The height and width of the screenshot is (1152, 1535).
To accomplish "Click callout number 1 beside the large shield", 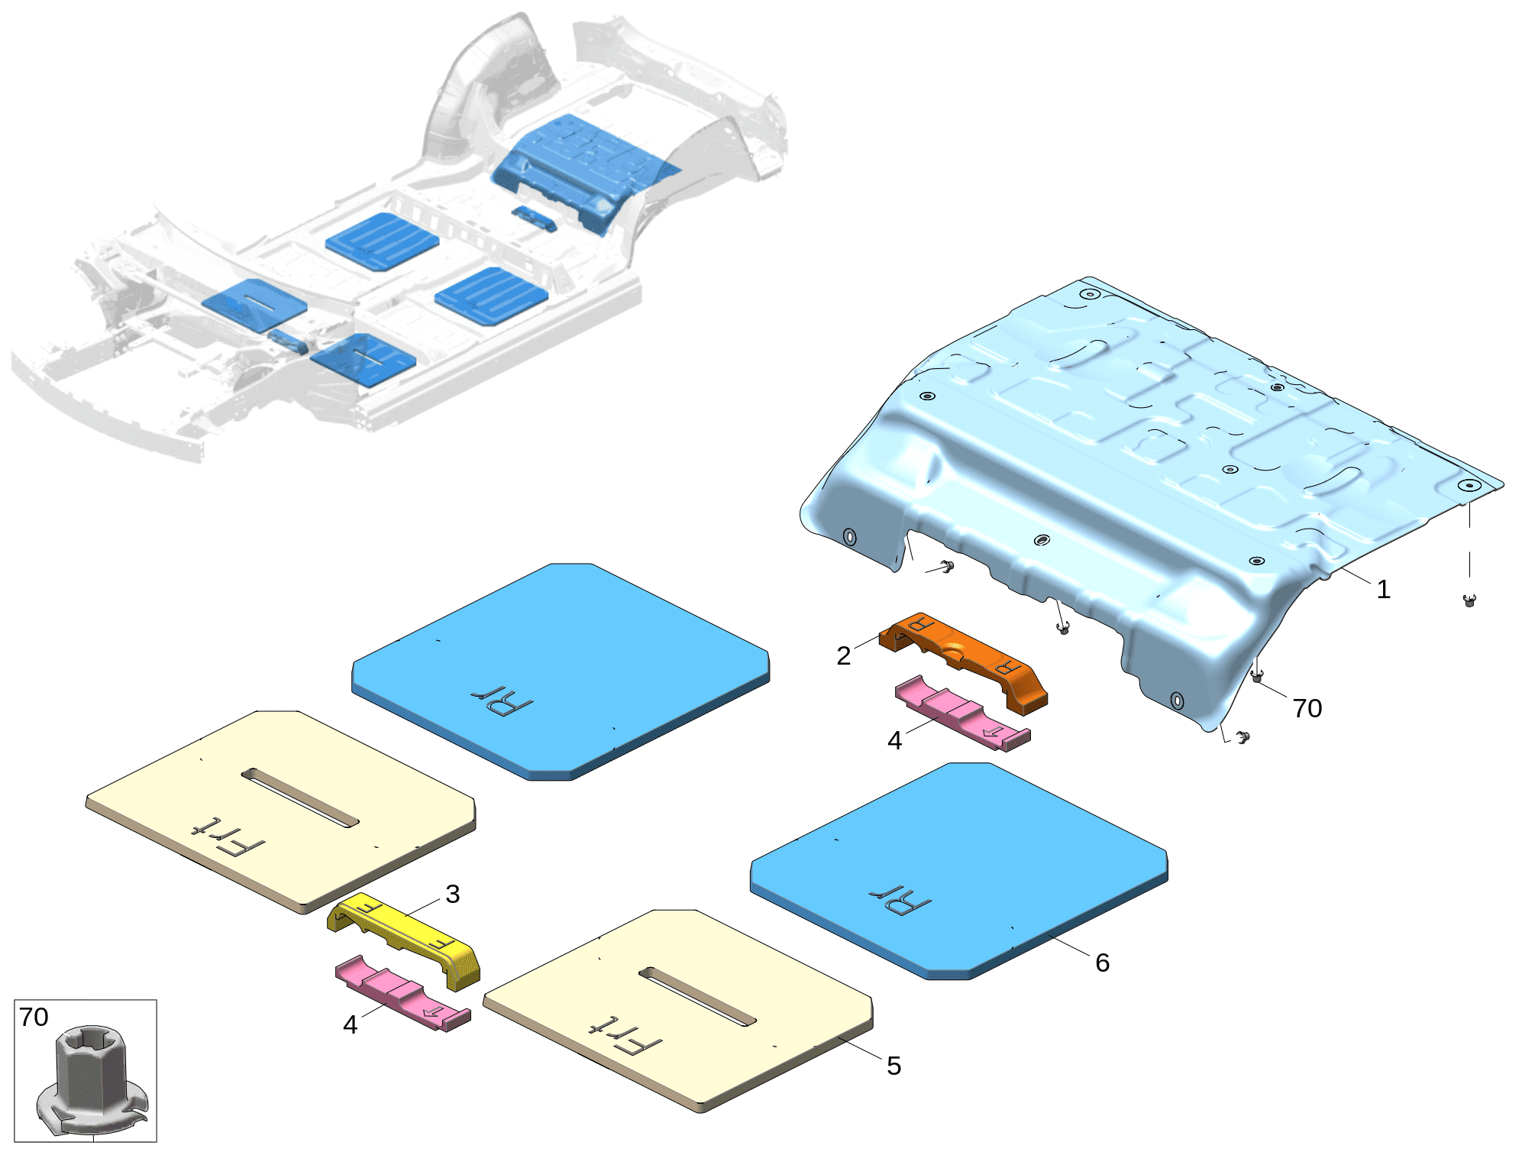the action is (1383, 590).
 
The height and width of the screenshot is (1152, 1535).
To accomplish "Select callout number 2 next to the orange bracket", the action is (843, 655).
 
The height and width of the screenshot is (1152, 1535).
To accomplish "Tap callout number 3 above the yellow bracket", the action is (452, 894).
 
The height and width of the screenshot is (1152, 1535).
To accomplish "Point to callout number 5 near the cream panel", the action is (894, 1066).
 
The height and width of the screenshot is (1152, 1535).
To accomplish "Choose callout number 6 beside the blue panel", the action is (1102, 963).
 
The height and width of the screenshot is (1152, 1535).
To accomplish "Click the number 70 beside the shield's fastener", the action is (1307, 708).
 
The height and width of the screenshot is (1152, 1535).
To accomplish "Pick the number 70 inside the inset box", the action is (34, 1017).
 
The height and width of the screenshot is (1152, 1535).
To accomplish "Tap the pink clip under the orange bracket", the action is (962, 712).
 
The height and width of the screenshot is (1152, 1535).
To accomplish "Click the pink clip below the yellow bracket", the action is (402, 992).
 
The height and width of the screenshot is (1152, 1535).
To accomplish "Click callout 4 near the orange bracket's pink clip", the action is (894, 740).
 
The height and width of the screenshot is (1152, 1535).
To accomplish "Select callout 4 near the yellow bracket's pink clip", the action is (350, 1024).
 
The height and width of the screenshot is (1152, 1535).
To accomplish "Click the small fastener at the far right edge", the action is (1469, 600).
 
